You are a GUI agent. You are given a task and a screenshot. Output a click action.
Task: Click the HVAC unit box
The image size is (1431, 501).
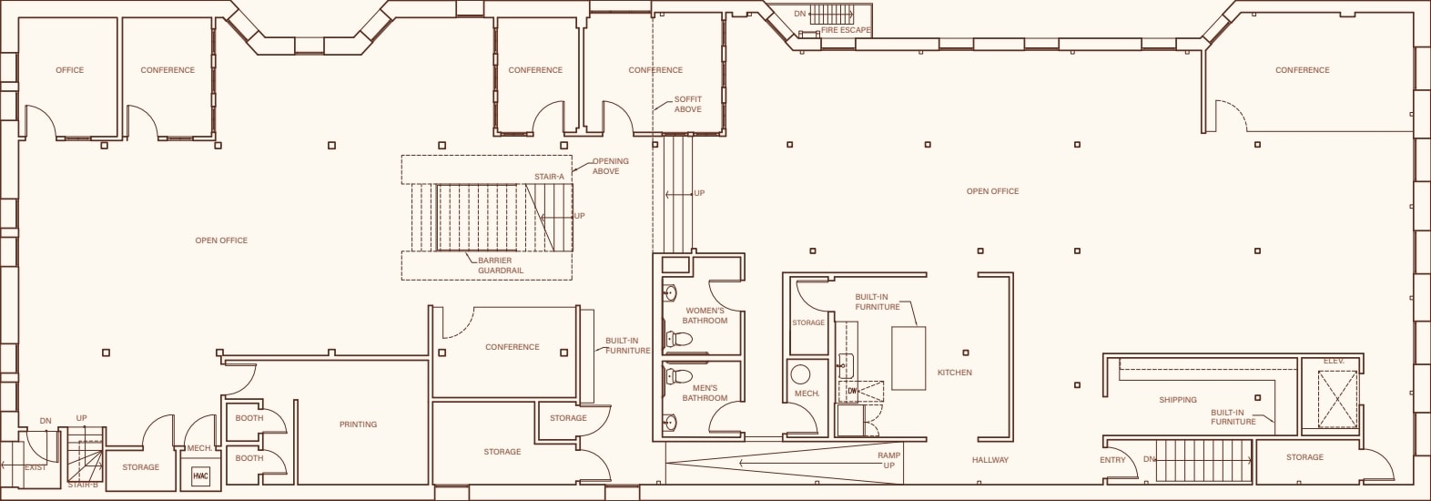click(200, 476)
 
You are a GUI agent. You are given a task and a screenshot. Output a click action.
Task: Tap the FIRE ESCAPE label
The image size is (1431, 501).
click(846, 30)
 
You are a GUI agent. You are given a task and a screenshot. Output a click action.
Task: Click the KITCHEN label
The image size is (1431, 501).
click(954, 373)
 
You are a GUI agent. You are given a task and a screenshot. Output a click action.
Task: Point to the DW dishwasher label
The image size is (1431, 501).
click(852, 391)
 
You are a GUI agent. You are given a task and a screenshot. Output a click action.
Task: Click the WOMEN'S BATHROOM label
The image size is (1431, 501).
click(705, 315)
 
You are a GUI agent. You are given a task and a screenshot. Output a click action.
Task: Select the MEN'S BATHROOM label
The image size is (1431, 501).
click(705, 393)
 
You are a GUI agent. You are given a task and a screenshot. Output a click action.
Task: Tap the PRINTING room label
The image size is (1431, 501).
click(358, 424)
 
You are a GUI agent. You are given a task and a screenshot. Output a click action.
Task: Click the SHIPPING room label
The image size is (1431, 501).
click(1177, 400)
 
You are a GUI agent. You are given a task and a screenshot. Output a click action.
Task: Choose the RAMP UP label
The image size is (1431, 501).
click(888, 460)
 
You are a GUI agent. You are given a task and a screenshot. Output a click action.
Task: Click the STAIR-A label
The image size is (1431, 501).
click(549, 177)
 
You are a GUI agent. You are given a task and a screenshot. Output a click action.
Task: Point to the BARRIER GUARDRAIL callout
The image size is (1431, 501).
click(500, 265)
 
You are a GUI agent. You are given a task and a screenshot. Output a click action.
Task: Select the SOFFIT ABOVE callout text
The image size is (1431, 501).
click(688, 104)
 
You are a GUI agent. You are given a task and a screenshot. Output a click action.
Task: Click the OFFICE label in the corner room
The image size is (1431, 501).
click(69, 70)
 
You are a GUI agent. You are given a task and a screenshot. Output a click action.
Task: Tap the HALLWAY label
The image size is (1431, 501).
click(990, 460)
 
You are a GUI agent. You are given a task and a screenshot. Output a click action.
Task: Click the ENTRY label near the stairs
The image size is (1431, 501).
click(1112, 460)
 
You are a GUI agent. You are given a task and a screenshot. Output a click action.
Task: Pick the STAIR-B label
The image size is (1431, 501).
click(83, 485)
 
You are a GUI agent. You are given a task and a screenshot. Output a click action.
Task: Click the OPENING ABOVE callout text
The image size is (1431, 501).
click(609, 166)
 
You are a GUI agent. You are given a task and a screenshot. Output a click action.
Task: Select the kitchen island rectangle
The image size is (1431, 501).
click(908, 358)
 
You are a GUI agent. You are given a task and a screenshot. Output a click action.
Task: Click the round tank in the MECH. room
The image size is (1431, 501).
click(801, 374)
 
